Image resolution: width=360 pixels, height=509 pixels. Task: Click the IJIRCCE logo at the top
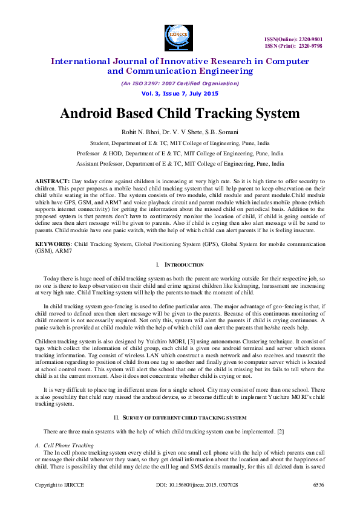[180, 34]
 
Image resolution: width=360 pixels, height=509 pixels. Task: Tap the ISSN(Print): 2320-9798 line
[293, 45]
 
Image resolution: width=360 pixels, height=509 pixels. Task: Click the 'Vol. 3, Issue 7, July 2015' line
[180, 94]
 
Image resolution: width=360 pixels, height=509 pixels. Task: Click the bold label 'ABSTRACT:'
[53, 181]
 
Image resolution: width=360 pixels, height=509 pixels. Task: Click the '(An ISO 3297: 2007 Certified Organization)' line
[180, 83]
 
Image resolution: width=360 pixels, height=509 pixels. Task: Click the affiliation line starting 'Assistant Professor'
[180, 163]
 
